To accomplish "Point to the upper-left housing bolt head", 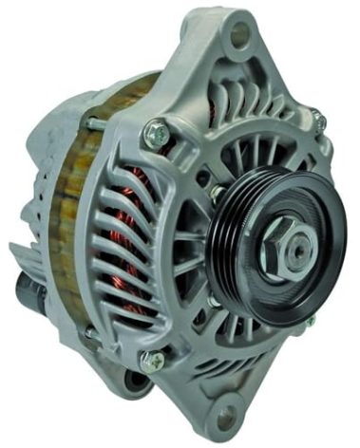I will (156, 134).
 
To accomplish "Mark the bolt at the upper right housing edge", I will (319, 121).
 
